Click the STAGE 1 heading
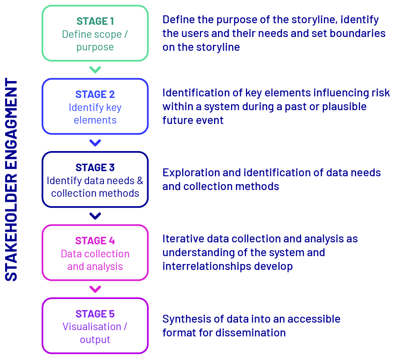pyautogui.click(x=95, y=21)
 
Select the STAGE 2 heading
pyautogui.click(x=95, y=94)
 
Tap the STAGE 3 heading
pyautogui.click(x=95, y=168)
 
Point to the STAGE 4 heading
pyautogui.click(x=95, y=241)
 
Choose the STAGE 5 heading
pyautogui.click(x=95, y=314)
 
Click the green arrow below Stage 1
pyautogui.click(x=95, y=70)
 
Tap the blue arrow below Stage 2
pyautogui.click(x=95, y=143)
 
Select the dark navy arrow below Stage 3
pyautogui.click(x=95, y=216)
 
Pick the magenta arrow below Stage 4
pyautogui.click(x=95, y=289)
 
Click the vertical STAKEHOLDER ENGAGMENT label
pyautogui.click(x=11, y=179)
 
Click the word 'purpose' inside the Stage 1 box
pyautogui.click(x=95, y=48)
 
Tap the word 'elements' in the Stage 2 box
pyautogui.click(x=95, y=120)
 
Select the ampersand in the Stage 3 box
pyautogui.click(x=140, y=181)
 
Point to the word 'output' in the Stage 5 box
pyautogui.click(x=95, y=340)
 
